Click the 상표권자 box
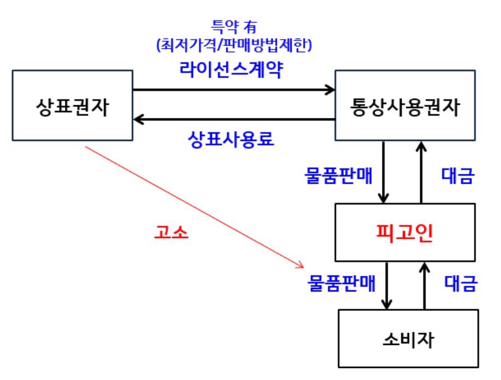(x=72, y=105)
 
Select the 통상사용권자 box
(x=405, y=105)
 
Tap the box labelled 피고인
(x=405, y=232)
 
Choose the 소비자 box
(x=408, y=338)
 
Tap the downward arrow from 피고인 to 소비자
(x=388, y=285)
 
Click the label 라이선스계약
(x=231, y=69)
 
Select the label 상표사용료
(x=231, y=139)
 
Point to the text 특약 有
(x=231, y=26)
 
